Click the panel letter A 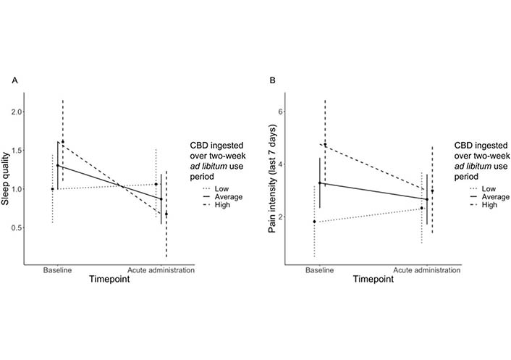[x=14, y=80]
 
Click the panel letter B [x=272, y=80]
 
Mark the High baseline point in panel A [x=63, y=142]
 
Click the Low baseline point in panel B [x=314, y=222]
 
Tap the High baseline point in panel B [x=325, y=145]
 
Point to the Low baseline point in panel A [x=52, y=189]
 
